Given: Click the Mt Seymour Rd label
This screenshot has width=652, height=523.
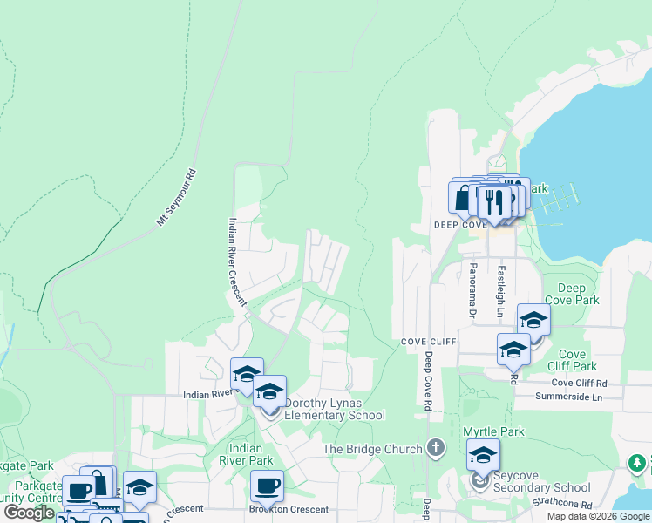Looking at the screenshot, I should click(177, 197).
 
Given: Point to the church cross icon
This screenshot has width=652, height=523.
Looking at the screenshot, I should click(436, 449).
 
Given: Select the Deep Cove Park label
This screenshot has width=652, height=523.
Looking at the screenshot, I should click(578, 294).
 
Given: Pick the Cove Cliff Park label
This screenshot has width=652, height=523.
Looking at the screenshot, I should click(572, 360).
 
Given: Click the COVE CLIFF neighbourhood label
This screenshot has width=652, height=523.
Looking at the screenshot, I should click(429, 342).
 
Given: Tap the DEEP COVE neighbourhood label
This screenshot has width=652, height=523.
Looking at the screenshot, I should click(459, 224).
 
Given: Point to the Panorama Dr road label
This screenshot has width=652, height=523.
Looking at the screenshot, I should click(472, 289).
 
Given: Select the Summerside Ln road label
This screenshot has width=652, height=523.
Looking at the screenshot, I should click(570, 397).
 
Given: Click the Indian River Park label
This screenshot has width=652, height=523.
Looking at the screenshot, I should click(246, 454).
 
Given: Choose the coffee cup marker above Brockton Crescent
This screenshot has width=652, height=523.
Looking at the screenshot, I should click(267, 486).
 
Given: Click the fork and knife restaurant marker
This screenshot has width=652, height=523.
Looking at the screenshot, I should click(494, 202).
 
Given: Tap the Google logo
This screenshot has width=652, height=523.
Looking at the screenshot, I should click(29, 513).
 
